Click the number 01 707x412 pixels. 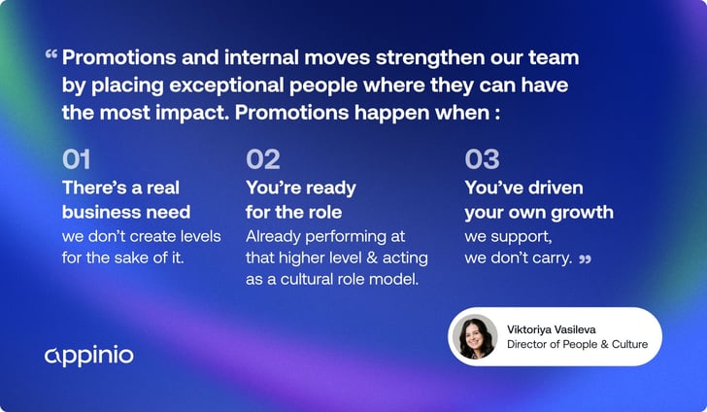pos(77,158)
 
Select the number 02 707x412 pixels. pos(263,158)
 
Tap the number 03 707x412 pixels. pos(482,158)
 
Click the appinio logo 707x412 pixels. pos(89,355)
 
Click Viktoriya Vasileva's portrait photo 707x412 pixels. pos(473,336)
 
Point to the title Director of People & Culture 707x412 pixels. pos(577,344)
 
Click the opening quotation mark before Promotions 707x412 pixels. pos(50,55)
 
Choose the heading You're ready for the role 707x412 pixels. pos(301,199)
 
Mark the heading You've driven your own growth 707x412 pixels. pos(538,199)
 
